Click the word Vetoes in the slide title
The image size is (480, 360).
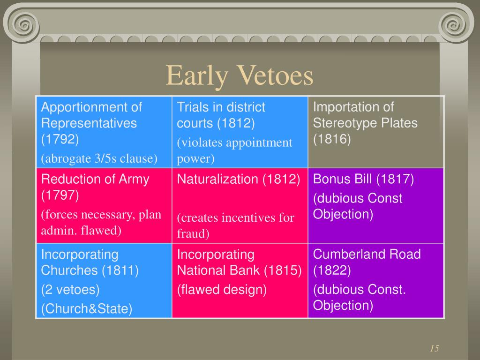275,75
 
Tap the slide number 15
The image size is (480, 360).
434,348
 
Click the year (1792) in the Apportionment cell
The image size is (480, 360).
60,139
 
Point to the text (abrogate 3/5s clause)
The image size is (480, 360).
99,158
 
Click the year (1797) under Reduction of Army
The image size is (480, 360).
60,195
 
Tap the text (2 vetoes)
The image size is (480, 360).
70,290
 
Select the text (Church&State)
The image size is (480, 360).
87,308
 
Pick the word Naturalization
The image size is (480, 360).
217,179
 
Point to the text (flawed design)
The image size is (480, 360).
221,290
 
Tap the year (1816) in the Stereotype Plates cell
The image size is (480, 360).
332,139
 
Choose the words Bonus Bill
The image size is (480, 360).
343,179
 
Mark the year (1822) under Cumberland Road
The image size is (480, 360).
332,270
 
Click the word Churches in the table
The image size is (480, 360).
67,270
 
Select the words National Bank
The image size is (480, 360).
218,270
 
